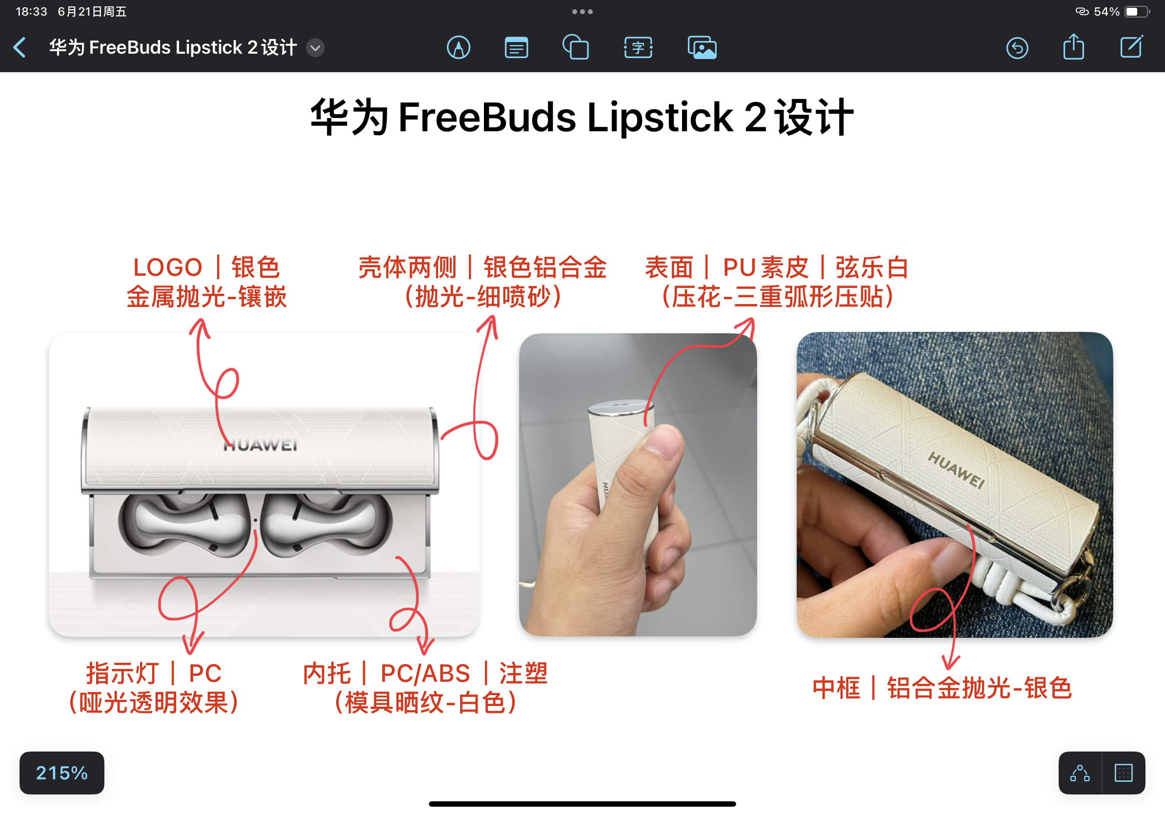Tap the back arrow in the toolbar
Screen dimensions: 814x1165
(x=20, y=48)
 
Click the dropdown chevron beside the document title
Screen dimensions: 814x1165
(x=315, y=48)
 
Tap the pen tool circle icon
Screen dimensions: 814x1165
(x=458, y=48)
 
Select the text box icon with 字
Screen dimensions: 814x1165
(x=638, y=48)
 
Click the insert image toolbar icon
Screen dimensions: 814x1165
(x=702, y=48)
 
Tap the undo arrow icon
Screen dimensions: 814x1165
(x=1017, y=48)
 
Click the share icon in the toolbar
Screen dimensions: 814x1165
(x=1073, y=47)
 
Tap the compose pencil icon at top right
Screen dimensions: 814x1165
(x=1131, y=47)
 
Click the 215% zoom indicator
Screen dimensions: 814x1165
(x=62, y=773)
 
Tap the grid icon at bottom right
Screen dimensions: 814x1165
(x=1124, y=773)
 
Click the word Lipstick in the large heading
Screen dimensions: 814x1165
(x=660, y=118)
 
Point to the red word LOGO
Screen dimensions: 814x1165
(x=167, y=267)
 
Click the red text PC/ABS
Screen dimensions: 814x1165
(x=425, y=673)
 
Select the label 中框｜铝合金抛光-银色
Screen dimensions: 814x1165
(x=942, y=688)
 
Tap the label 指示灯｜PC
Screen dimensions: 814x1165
(x=154, y=673)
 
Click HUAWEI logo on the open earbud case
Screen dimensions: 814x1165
(x=261, y=445)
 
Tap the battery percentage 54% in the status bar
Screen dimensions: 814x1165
(x=1106, y=12)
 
